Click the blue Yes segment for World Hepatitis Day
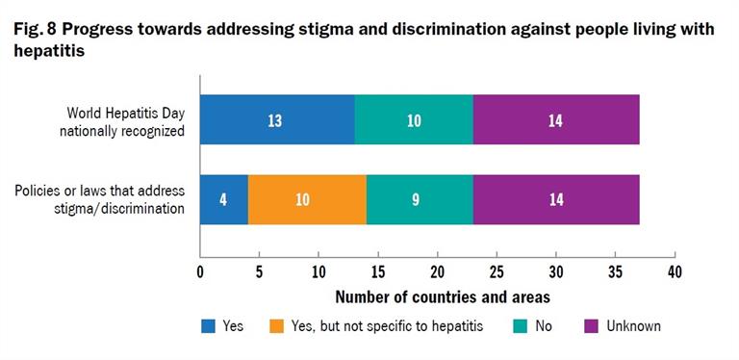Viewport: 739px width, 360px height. (277, 120)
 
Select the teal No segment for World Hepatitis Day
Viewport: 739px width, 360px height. (414, 120)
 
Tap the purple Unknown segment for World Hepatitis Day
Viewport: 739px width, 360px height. (556, 120)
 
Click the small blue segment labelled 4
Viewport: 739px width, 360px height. (223, 200)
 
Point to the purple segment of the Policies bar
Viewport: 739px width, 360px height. (556, 200)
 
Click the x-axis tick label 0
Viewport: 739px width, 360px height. (200, 271)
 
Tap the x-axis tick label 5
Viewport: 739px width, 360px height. (259, 271)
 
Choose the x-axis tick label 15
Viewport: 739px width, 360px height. (378, 271)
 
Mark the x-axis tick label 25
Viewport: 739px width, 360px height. (497, 271)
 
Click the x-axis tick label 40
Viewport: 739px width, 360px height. (675, 271)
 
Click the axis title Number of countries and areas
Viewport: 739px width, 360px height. (438, 296)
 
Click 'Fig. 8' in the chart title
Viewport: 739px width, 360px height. (35, 30)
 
